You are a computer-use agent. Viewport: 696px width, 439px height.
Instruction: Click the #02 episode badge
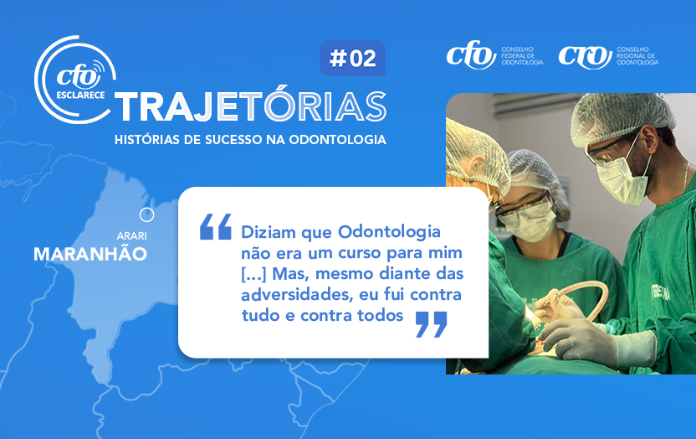click(352, 58)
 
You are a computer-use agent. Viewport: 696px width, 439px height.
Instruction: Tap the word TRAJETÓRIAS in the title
click(251, 106)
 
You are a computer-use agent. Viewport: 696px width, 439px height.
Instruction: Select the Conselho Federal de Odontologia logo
click(494, 55)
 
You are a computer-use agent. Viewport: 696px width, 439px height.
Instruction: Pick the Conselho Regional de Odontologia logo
click(608, 55)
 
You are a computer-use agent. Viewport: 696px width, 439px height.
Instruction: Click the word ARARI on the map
click(132, 236)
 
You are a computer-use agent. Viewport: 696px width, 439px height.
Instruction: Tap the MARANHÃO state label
click(90, 254)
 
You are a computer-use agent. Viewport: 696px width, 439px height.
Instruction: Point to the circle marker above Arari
click(146, 215)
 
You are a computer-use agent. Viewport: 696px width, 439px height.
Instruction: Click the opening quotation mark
click(216, 226)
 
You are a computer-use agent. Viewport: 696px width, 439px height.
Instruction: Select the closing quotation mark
click(432, 324)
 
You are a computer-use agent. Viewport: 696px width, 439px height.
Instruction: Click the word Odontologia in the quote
click(389, 232)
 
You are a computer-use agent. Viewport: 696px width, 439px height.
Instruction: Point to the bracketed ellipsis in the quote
click(253, 274)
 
